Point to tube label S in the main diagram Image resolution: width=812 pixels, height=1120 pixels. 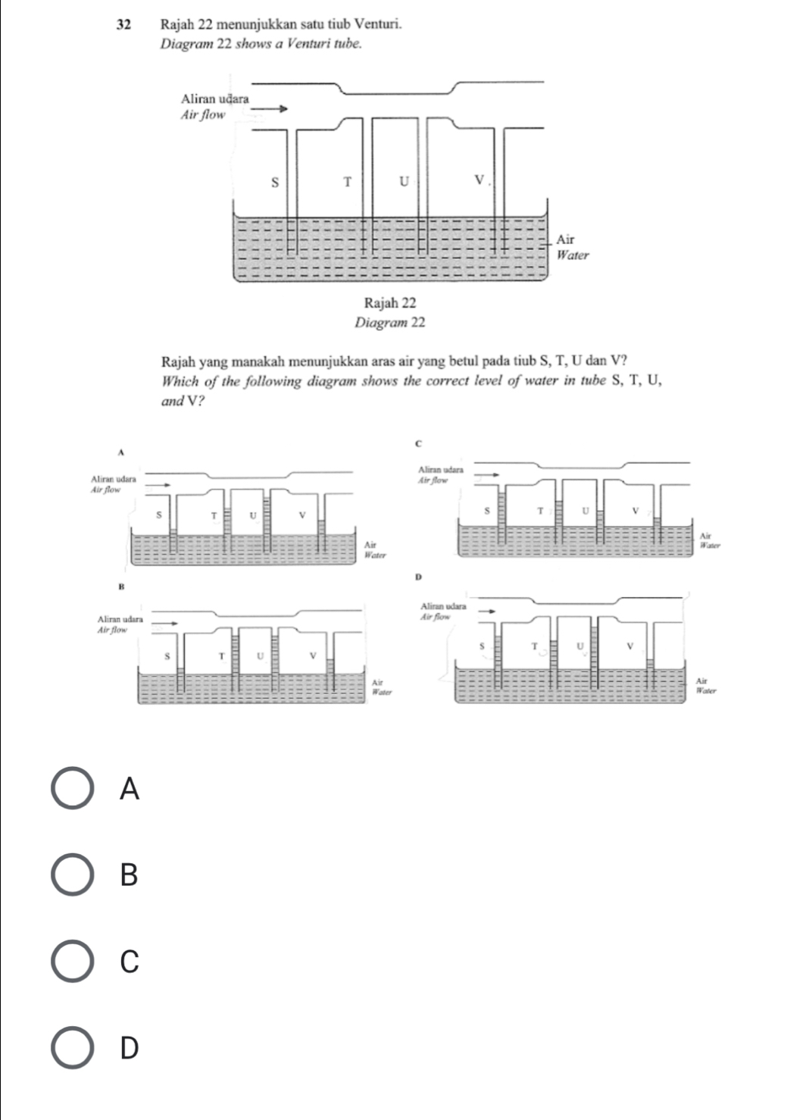tap(275, 182)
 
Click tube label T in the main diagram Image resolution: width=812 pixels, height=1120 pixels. tap(348, 182)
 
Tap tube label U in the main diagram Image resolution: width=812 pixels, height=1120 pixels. tap(404, 182)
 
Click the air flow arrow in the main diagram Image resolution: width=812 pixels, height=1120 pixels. tap(270, 108)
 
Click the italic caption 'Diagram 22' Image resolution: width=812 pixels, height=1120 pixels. tap(390, 323)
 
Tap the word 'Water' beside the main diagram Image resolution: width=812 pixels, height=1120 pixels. tap(573, 255)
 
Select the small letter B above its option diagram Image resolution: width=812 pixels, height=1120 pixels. tap(120, 587)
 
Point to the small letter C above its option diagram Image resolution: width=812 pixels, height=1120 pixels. tap(417, 441)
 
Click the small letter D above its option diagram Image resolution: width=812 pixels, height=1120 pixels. tap(417, 578)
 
